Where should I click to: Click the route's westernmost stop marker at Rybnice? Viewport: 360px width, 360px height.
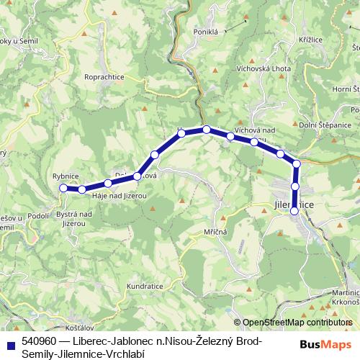coord(63,188)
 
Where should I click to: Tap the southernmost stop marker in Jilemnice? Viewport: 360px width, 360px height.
coord(294,211)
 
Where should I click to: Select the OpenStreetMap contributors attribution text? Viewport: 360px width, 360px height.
coord(297,323)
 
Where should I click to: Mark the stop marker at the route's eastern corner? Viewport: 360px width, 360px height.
coord(296,163)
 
